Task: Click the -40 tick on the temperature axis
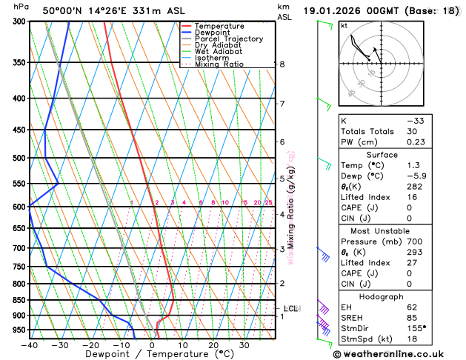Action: pyautogui.click(x=30, y=345)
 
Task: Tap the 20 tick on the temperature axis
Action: pyautogui.click(x=213, y=345)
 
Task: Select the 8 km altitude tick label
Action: pyautogui.click(x=282, y=64)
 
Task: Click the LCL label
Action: pyautogui.click(x=291, y=308)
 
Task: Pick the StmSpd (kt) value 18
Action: pyautogui.click(x=412, y=339)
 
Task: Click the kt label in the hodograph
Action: pyautogui.click(x=344, y=25)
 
